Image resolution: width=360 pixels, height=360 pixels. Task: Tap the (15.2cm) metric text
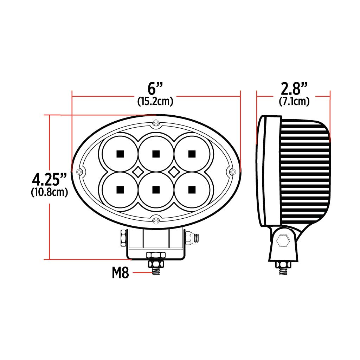[155, 102]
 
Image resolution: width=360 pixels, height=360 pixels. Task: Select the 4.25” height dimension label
[49, 179]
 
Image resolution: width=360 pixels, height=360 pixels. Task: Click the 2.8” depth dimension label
[294, 88]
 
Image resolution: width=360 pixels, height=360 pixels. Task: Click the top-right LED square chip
[192, 154]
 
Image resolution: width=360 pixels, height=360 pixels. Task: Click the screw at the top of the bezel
[156, 123]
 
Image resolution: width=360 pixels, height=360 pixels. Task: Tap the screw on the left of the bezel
[79, 172]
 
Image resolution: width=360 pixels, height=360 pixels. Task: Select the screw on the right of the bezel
[232, 172]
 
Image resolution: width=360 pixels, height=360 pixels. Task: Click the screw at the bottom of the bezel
[156, 221]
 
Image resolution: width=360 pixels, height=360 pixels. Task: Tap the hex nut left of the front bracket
[123, 238]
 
